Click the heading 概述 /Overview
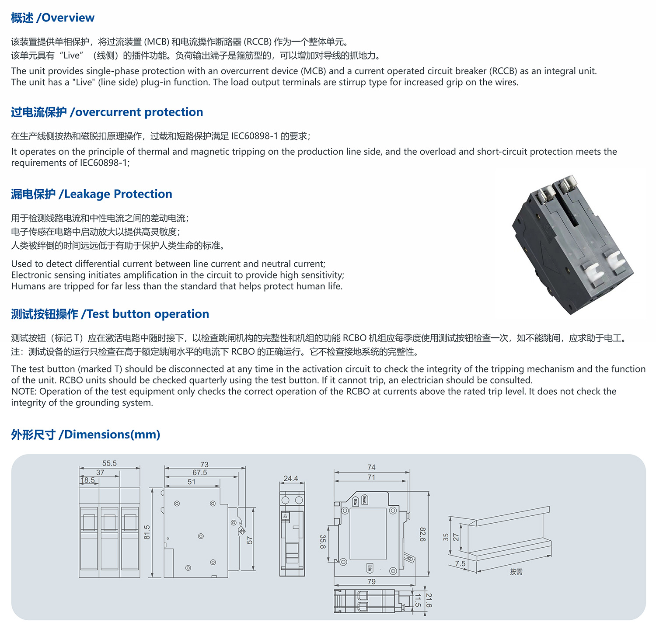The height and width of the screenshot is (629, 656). click(52, 18)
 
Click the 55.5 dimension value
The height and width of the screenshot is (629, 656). click(109, 463)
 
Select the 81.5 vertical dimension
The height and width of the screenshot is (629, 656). click(147, 532)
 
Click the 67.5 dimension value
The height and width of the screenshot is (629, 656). click(200, 473)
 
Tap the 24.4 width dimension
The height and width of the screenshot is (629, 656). click(291, 479)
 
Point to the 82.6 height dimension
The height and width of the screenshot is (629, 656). click(422, 534)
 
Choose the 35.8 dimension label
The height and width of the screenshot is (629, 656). click(323, 542)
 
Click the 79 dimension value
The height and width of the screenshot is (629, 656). click(371, 582)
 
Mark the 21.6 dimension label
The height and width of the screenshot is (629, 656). click(429, 600)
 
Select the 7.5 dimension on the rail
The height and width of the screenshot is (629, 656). click(460, 564)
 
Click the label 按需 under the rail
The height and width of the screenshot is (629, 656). click(516, 572)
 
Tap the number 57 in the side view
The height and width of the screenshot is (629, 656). click(250, 541)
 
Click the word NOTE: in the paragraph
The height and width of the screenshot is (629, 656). click(24, 392)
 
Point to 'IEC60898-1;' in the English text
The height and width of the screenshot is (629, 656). click(105, 163)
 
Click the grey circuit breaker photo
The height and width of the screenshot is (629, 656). click(571, 243)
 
